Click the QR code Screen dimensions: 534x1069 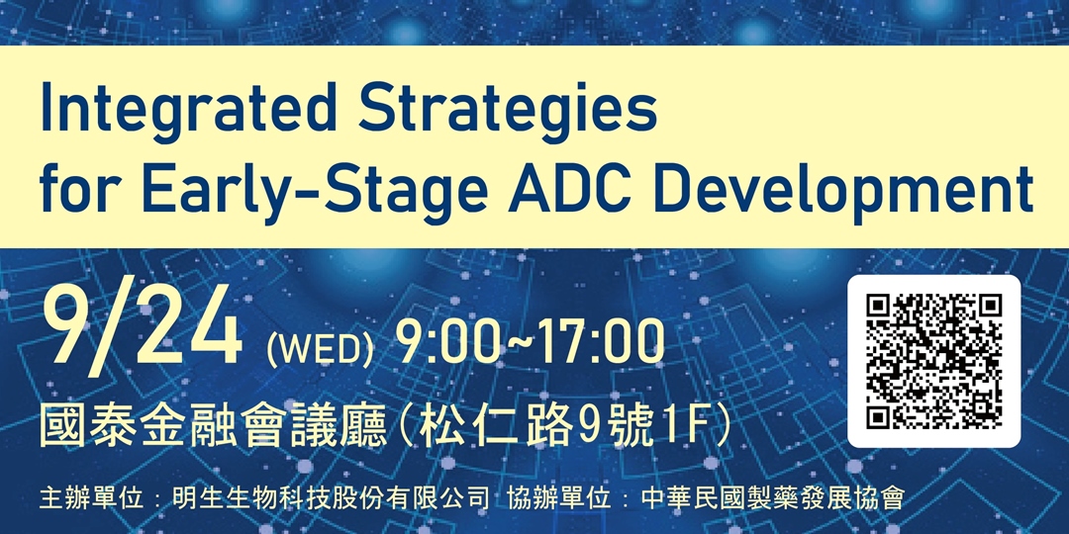(933, 361)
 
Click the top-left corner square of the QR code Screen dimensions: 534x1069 (881, 309)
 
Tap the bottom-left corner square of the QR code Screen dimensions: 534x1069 (881, 414)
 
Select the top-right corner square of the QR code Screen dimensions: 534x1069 (987, 309)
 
